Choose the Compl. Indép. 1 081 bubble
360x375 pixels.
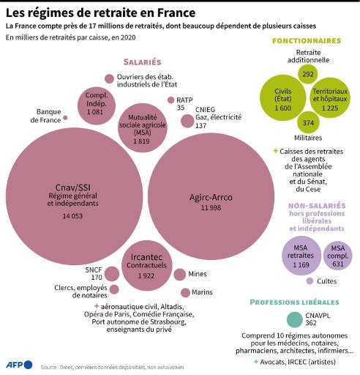[97, 104]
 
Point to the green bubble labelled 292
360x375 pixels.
[307, 74]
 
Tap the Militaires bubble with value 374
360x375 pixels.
[308, 124]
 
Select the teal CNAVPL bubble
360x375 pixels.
[293, 319]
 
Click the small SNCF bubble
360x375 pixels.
[112, 273]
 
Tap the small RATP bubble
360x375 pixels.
[170, 100]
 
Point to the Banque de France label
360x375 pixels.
[49, 116]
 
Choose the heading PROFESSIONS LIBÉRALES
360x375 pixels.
[293, 302]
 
